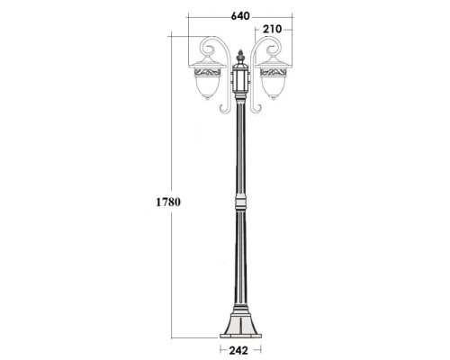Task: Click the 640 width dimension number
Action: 238,15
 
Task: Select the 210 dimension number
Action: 274,30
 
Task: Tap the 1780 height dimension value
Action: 166,202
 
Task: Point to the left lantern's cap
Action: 206,61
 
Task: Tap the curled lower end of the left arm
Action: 223,108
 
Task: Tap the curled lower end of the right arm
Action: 257,108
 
